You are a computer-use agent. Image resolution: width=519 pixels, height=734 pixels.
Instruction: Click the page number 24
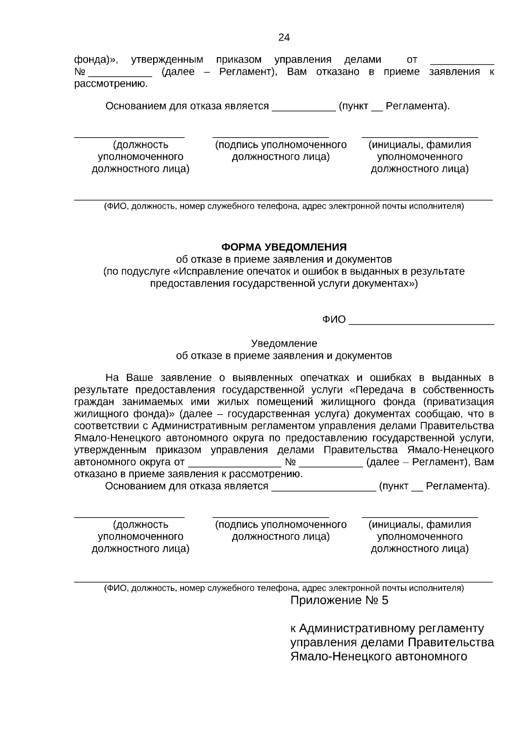pyautogui.click(x=284, y=38)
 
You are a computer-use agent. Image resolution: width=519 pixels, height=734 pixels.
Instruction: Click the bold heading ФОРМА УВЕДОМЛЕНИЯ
pyautogui.click(x=284, y=247)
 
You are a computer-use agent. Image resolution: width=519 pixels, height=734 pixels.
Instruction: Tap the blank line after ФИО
pyautogui.click(x=421, y=320)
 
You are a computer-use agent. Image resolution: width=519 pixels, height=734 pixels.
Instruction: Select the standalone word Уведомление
pyautogui.click(x=284, y=344)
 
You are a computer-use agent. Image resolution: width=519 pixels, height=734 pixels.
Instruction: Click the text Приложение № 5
pyautogui.click(x=339, y=600)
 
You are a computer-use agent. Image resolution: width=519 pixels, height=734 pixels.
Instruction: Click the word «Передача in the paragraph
pyautogui.click(x=374, y=390)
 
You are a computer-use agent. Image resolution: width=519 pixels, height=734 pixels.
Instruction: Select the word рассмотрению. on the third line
pyautogui.click(x=111, y=84)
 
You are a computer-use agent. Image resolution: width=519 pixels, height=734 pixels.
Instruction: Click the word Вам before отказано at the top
pyautogui.click(x=297, y=72)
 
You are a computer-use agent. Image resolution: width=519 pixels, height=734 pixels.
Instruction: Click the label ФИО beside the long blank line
pyautogui.click(x=334, y=320)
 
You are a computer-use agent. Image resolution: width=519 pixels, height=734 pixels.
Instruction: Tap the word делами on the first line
pyautogui.click(x=362, y=60)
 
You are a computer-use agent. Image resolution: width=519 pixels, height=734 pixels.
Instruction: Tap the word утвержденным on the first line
pyautogui.click(x=167, y=60)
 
